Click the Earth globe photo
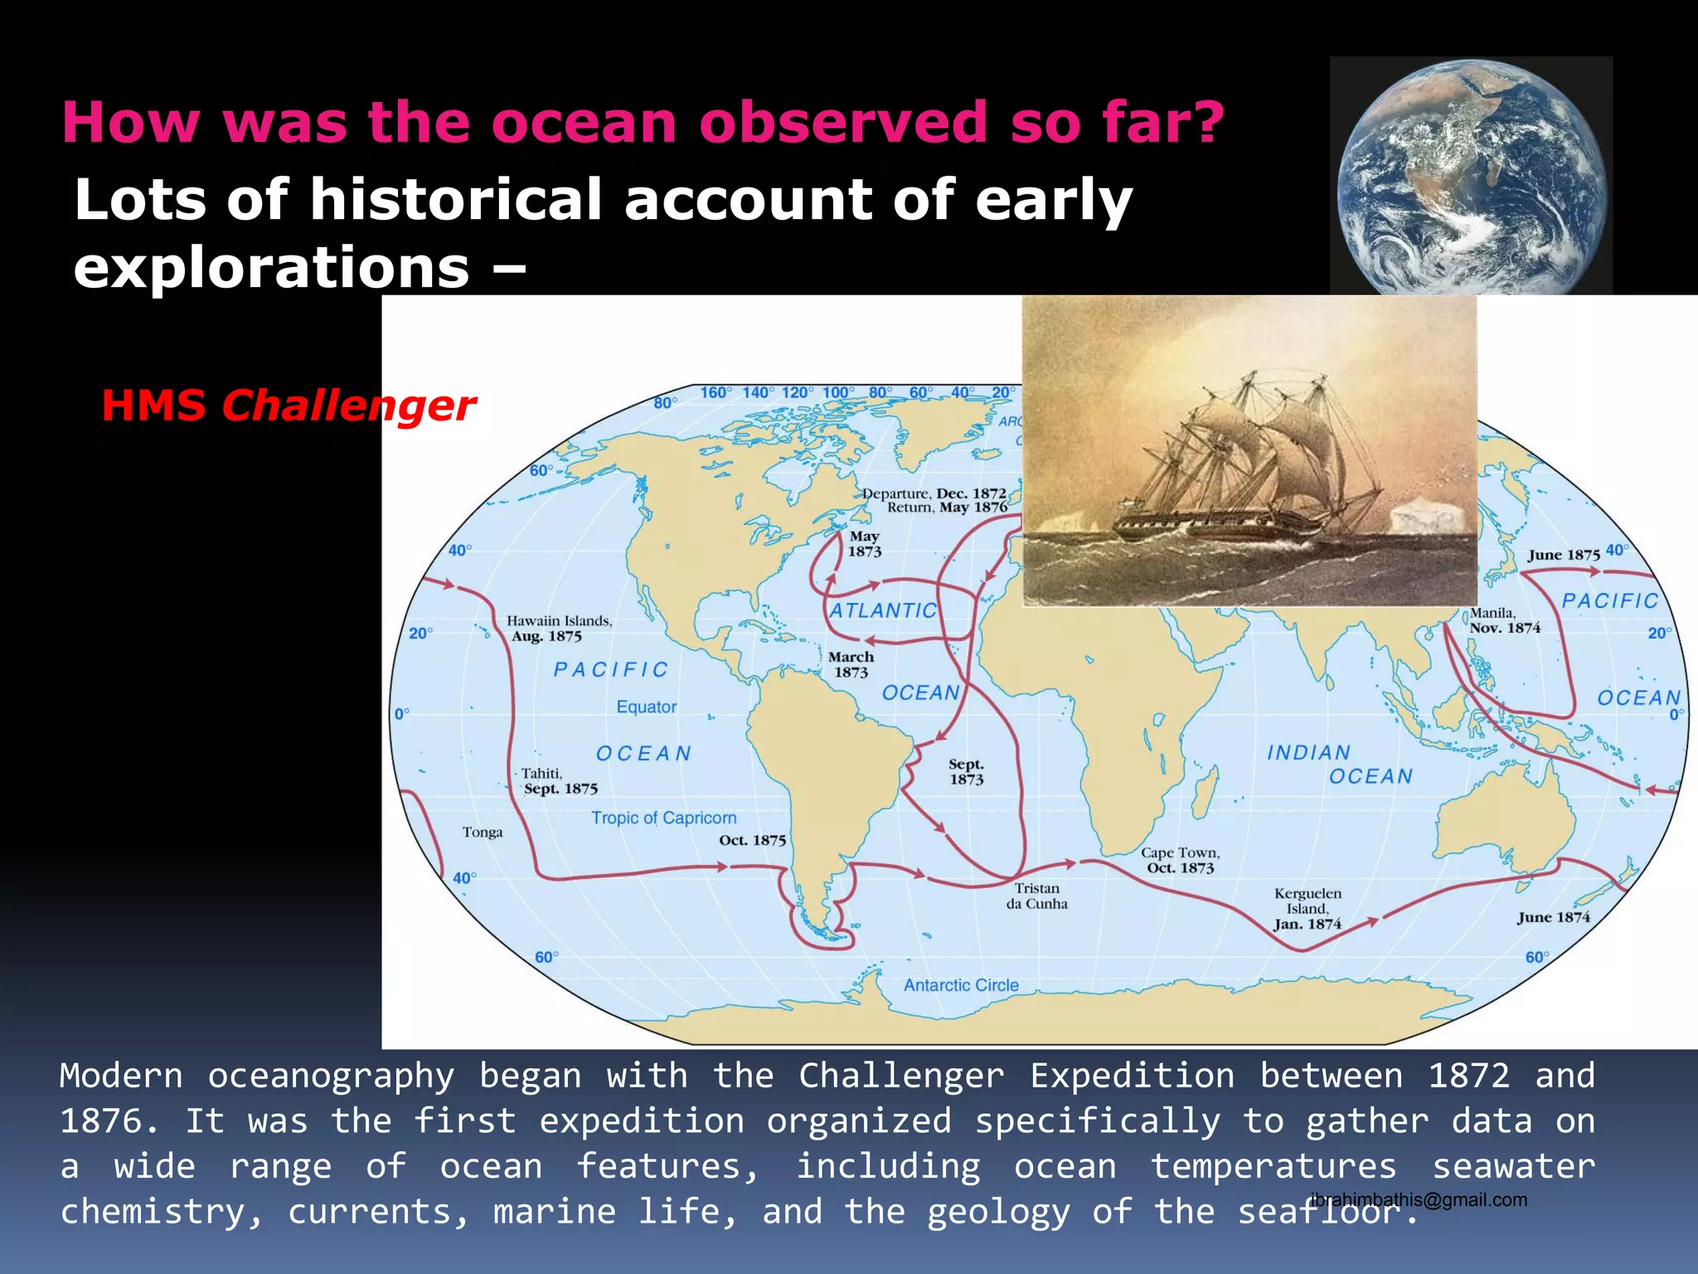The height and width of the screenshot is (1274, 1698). (1472, 176)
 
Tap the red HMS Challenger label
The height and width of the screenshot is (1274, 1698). (288, 406)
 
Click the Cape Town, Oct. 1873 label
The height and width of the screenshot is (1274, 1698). (1180, 860)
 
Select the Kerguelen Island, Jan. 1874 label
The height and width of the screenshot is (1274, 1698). (1307, 909)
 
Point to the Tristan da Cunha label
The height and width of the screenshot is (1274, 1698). (1036, 896)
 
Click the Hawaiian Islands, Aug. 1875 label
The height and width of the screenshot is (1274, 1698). (559, 629)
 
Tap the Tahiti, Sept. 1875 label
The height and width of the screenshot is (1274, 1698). (559, 781)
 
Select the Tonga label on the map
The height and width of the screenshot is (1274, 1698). (483, 832)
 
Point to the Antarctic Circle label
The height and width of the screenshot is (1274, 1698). (961, 985)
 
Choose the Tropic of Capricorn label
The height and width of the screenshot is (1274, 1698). (663, 818)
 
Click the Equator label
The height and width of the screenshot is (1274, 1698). (646, 707)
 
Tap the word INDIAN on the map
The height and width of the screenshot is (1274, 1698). (1308, 752)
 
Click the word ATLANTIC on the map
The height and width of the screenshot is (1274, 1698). (883, 610)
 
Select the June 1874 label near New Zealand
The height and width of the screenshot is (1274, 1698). (1553, 917)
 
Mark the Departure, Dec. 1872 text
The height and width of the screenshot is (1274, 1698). (934, 494)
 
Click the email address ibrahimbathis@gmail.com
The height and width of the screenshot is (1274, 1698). (1419, 1199)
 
